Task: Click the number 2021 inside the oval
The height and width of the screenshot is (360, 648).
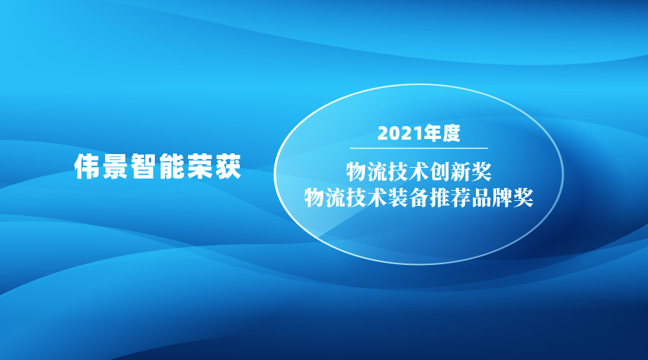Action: (398, 133)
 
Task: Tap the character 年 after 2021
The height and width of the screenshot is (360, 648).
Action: (431, 133)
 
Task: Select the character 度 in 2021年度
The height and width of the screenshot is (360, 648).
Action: (451, 133)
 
